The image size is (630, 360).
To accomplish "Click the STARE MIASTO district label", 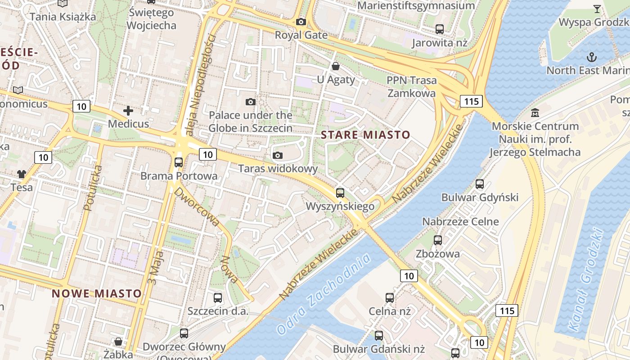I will (x=365, y=135).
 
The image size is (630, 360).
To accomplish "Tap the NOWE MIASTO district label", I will (x=97, y=293).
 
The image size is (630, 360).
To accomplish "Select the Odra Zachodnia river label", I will (x=324, y=294).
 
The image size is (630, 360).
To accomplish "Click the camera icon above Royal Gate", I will (x=301, y=22).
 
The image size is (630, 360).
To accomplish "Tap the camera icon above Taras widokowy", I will (x=278, y=155).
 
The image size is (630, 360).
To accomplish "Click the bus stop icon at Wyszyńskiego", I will (x=340, y=193).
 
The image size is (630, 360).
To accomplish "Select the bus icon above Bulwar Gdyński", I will (x=480, y=184).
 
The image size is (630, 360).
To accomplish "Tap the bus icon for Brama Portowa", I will (x=179, y=162).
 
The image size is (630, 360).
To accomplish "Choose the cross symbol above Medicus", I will (x=128, y=110).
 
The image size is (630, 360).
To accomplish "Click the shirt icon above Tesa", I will (x=22, y=174).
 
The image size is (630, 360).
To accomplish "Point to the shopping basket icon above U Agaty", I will (x=336, y=67).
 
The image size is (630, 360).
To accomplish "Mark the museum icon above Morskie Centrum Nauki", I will (x=535, y=112).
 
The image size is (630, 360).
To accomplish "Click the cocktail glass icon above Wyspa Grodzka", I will (x=597, y=9).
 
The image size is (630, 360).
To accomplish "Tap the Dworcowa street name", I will (x=197, y=207).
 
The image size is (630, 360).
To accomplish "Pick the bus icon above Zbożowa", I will (x=438, y=240).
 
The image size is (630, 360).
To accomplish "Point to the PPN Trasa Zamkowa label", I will (x=412, y=87).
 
